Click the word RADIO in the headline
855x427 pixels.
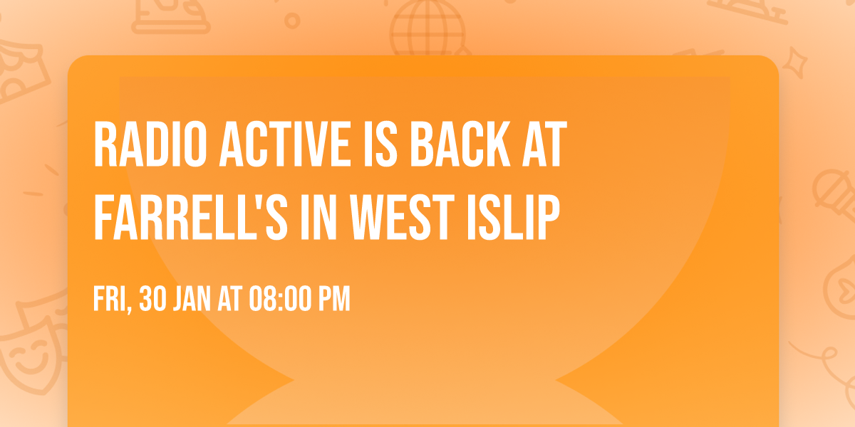click(x=150, y=144)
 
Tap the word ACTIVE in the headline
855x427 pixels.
click(x=285, y=144)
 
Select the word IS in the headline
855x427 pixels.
click(x=380, y=144)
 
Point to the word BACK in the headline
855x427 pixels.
click(x=460, y=144)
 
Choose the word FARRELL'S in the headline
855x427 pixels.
click(x=190, y=217)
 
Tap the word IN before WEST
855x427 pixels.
click(x=318, y=217)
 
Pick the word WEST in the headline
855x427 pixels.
click(x=402, y=217)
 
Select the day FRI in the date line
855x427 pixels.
click(x=113, y=300)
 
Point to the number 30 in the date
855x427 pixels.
click(x=152, y=298)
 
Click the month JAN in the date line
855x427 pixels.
click(x=192, y=298)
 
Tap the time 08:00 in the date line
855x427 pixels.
click(x=281, y=298)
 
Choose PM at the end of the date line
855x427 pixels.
click(x=334, y=298)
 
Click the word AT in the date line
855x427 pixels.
click(x=229, y=298)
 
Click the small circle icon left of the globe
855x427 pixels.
click(x=292, y=21)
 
